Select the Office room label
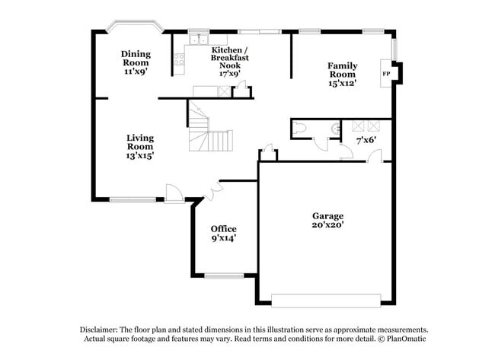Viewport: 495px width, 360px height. (223, 233)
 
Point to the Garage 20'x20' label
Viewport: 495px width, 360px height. (327, 221)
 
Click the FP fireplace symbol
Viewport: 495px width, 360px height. (386, 74)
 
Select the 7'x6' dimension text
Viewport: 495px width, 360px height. (367, 140)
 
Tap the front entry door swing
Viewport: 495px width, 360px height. (174, 193)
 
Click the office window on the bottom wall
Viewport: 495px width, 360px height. (224, 275)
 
